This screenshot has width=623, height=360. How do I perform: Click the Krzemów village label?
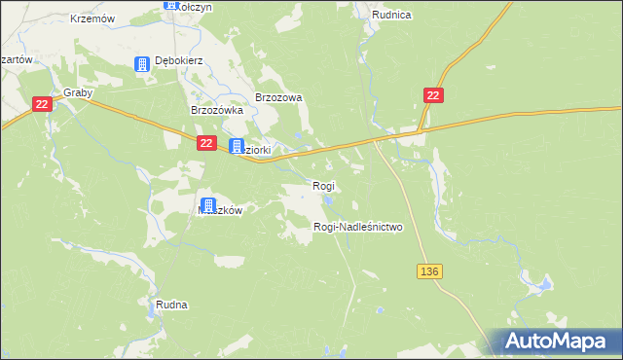coord(93,18)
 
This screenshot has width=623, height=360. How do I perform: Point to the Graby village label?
coord(77,93)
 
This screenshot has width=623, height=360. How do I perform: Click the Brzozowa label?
coord(279,97)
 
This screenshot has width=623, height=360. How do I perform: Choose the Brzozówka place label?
coord(215,111)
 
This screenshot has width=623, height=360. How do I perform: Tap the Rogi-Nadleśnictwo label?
coord(357,227)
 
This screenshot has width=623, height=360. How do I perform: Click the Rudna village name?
coord(171,305)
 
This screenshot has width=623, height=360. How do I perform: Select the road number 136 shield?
coord(431,271)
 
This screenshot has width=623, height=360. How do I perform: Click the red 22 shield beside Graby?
coord(41,104)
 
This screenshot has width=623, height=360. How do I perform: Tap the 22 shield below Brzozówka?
coord(206,143)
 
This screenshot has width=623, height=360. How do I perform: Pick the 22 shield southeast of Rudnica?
coord(434,94)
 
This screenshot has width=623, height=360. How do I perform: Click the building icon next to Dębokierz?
coord(142,64)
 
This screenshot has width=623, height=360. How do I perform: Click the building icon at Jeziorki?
coord(237,147)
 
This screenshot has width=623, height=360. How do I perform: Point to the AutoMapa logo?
coord(556,342)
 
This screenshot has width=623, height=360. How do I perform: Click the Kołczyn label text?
coord(196,7)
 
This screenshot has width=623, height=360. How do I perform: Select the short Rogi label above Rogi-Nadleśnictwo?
coord(323,186)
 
